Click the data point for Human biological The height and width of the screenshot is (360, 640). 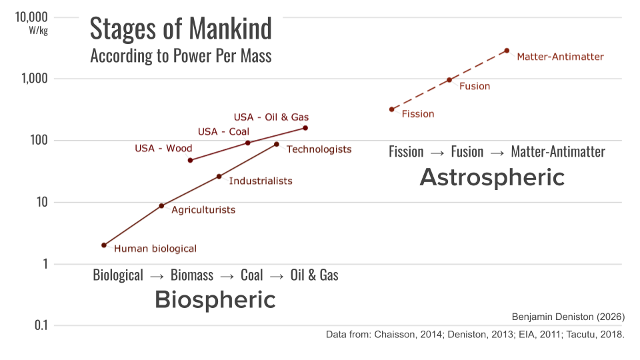tap(104, 245)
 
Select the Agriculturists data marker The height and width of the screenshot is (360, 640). tap(161, 206)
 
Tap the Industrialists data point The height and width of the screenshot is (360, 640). tap(219, 177)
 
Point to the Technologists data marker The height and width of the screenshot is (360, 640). tap(277, 144)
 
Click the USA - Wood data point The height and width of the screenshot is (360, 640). tap(191, 160)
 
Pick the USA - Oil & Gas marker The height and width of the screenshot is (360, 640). tap(305, 128)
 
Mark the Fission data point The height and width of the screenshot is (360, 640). tap(392, 109)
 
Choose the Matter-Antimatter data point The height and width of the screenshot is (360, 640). tap(507, 51)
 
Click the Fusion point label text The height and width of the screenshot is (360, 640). tap(475, 86)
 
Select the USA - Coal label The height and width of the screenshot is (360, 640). tap(223, 131)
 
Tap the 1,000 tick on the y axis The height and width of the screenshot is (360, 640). tap(33, 79)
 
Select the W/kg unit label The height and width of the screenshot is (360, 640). tap(38, 31)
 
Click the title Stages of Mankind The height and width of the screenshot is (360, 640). tap(181, 29)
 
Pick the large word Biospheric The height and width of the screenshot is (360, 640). tap(215, 300)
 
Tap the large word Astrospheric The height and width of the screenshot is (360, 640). tap(492, 177)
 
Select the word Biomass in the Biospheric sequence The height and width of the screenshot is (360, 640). tap(192, 275)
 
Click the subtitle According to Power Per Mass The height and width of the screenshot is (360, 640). tap(181, 55)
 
